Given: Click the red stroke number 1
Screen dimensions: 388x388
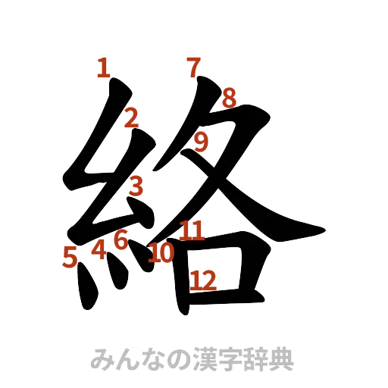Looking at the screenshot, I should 105,68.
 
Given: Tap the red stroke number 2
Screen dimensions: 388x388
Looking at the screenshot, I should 131,117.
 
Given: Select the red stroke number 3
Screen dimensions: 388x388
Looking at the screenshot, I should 136,185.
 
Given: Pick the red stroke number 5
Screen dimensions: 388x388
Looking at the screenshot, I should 70,258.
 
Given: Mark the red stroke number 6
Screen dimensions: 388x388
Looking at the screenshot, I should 120,240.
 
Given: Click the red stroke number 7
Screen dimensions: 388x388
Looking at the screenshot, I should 194,67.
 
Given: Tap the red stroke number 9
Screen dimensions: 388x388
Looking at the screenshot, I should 202,141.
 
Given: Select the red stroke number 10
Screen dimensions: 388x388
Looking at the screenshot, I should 161,252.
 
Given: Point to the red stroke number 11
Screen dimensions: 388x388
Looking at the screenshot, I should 192,230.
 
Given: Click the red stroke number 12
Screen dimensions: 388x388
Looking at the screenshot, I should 203,281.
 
